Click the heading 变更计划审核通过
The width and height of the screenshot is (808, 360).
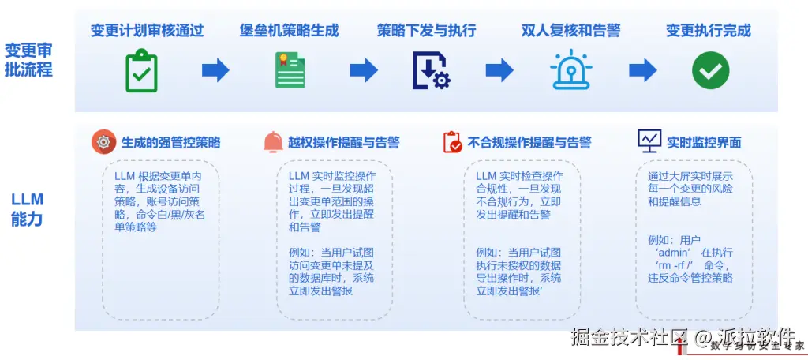tap(147, 31)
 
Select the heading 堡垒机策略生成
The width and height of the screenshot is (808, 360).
tap(289, 31)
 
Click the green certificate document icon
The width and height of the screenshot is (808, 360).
tap(290, 70)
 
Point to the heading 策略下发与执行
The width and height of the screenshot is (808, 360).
tap(426, 31)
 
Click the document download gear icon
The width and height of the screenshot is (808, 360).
tap(430, 70)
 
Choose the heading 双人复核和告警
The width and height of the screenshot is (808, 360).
tap(570, 31)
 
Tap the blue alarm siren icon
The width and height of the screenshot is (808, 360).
tap(570, 70)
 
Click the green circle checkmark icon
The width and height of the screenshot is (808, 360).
tap(710, 70)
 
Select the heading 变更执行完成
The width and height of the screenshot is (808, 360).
tap(708, 31)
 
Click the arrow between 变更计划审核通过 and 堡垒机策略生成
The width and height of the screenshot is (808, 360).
tap(215, 71)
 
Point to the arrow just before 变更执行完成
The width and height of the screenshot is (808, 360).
tap(642, 71)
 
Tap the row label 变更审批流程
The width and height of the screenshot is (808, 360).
tap(28, 60)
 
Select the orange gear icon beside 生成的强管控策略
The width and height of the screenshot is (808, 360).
tap(103, 142)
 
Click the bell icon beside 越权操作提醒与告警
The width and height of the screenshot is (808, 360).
tap(273, 142)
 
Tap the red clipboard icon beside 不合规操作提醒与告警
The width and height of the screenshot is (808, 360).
tap(453, 142)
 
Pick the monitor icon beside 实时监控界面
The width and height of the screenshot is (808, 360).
tap(649, 141)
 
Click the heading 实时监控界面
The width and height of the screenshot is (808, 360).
tap(704, 143)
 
